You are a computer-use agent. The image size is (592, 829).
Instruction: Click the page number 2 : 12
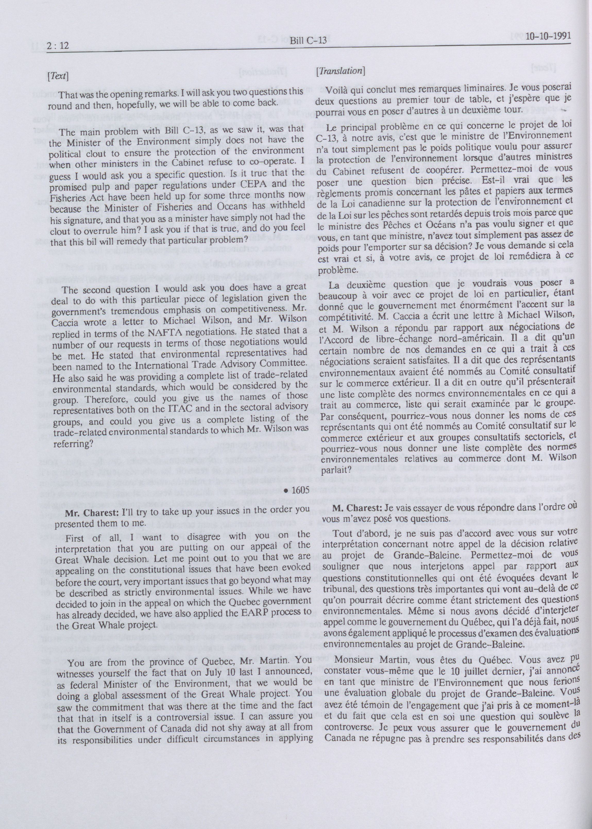click(58, 46)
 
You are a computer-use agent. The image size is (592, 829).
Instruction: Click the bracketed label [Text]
click(58, 77)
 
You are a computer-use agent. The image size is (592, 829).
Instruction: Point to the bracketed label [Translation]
click(341, 71)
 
